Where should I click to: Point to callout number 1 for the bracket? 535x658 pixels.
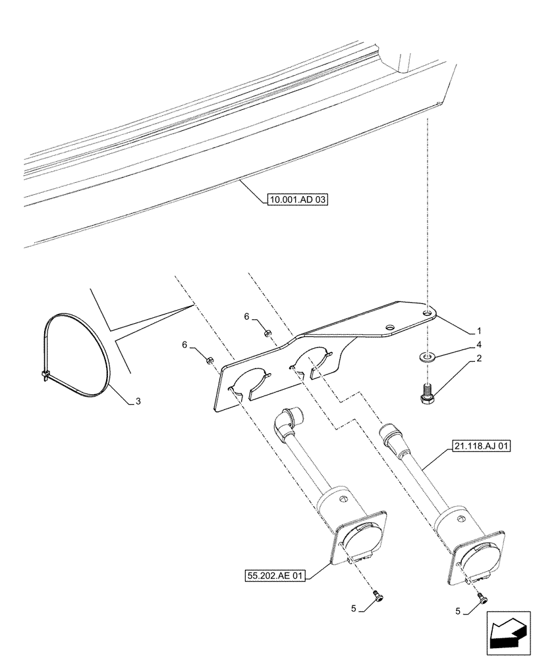(480, 330)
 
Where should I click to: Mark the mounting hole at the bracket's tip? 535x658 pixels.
(429, 314)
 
